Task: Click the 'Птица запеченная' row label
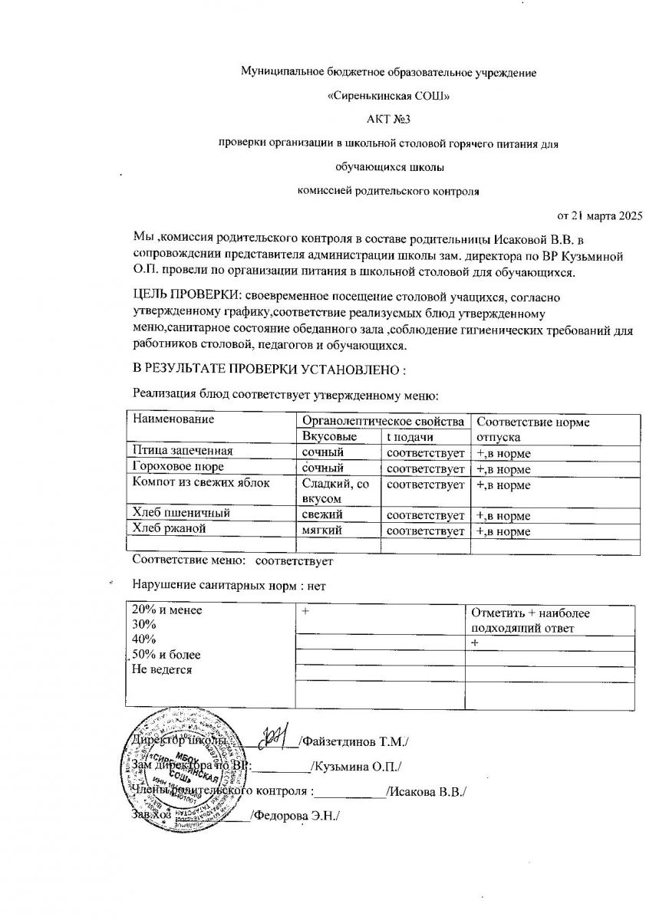point(183,451)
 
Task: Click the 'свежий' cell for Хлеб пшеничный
point(322,514)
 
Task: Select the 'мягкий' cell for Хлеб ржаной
point(322,530)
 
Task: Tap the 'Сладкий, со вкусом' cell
point(336,491)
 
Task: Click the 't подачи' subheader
point(410,436)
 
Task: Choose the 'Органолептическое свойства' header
point(383,421)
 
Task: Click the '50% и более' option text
point(166,655)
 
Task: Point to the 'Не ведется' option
point(163,670)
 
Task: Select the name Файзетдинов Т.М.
point(354,741)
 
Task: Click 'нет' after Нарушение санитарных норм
point(315,586)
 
